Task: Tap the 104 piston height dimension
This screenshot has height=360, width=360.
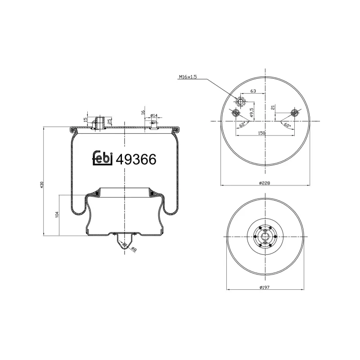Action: [57, 215]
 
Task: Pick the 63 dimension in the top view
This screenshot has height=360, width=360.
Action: [253, 91]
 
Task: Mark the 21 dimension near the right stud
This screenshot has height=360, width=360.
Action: [273, 108]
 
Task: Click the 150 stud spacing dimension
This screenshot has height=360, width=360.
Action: [261, 133]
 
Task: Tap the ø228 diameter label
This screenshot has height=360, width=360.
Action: [265, 182]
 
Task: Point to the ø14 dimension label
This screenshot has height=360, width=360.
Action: [153, 116]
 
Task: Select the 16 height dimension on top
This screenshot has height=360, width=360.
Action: [143, 112]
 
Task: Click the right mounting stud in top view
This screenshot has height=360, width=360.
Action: [295, 112]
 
